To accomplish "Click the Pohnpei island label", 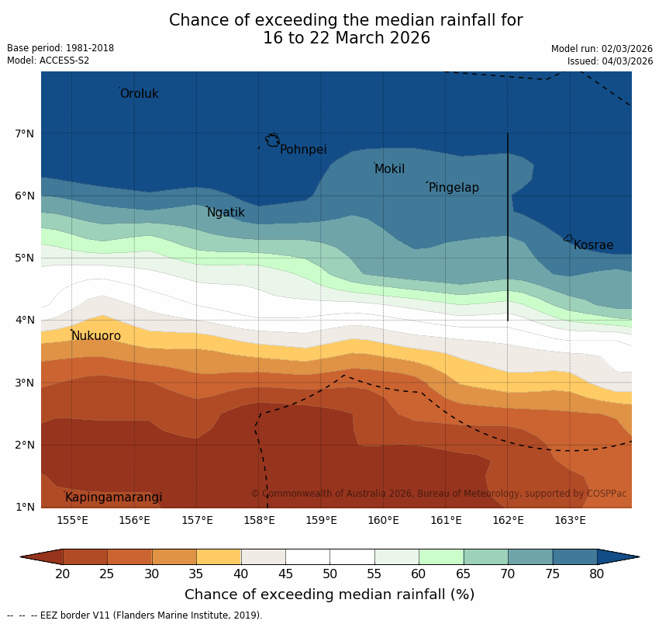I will point(303,150).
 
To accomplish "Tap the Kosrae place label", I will point(593,245).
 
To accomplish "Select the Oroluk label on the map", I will point(139,94).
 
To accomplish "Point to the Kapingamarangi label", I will point(113,497).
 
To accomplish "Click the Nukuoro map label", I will point(96,336).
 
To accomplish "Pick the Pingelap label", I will point(454,188).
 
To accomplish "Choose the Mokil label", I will point(389,169).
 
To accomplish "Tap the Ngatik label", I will point(226,213).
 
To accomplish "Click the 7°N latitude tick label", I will point(24,133).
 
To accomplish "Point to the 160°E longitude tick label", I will point(383,520).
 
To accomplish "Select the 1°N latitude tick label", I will point(24,508).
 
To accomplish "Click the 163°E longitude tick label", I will point(570,520).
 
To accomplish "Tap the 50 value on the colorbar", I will point(329,574).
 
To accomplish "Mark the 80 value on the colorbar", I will point(597,574).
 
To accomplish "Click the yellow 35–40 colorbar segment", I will point(219,556).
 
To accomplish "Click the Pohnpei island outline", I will point(272,140).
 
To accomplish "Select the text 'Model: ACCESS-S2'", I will point(48,61).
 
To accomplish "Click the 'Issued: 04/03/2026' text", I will point(610,61).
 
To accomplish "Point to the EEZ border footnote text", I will point(135,615).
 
